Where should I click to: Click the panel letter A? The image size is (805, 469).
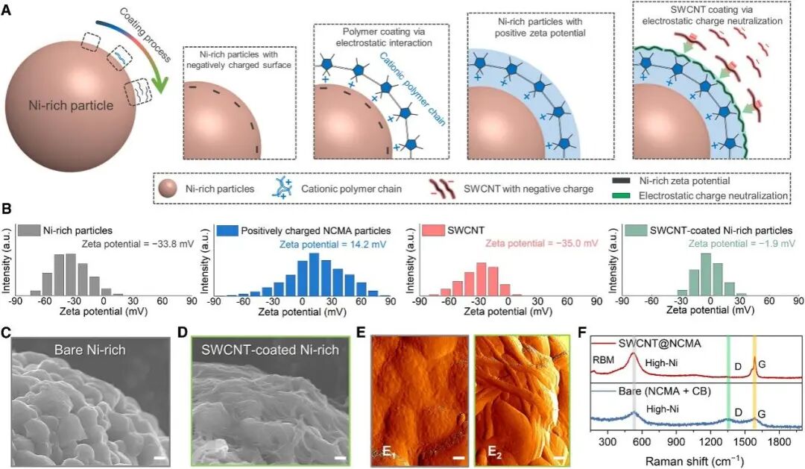tap(6, 10)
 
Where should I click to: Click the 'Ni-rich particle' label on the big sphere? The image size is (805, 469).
tap(71, 105)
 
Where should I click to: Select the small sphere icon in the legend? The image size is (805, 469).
tap(168, 189)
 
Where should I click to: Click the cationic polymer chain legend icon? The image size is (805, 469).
tap(282, 189)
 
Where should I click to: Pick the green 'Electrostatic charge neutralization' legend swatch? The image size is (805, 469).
tap(621, 195)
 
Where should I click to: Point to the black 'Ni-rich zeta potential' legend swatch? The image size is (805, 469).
tap(621, 181)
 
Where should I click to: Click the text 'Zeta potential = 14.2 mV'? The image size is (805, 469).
tap(332, 245)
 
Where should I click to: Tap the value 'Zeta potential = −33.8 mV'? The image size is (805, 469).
tap(138, 244)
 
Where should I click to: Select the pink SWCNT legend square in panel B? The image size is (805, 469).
tap(432, 230)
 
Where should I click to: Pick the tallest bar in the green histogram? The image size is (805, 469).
tap(706, 274)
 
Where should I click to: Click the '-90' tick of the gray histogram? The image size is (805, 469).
tap(16, 301)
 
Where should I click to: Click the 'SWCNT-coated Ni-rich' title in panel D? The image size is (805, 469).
tap(270, 350)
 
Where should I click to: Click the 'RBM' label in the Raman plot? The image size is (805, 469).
tap(603, 360)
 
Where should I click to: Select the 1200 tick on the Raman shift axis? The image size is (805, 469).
tap(710, 442)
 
